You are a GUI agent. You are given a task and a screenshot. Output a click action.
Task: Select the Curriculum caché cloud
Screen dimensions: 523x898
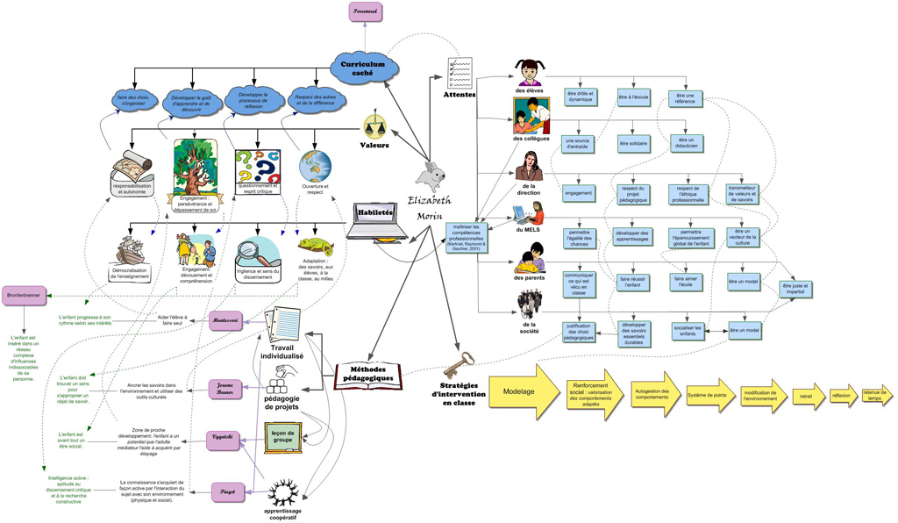point(365,67)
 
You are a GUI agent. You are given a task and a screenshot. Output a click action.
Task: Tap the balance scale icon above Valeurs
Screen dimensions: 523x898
point(376,124)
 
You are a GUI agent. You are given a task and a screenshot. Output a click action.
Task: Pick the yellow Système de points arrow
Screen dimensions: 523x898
point(709,396)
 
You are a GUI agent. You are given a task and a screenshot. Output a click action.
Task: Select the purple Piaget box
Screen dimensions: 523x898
point(226,491)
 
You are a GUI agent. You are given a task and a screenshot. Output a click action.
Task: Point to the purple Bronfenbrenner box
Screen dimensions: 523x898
point(23,295)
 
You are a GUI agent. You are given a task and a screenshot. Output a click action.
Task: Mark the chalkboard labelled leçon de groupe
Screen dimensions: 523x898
point(283,437)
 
